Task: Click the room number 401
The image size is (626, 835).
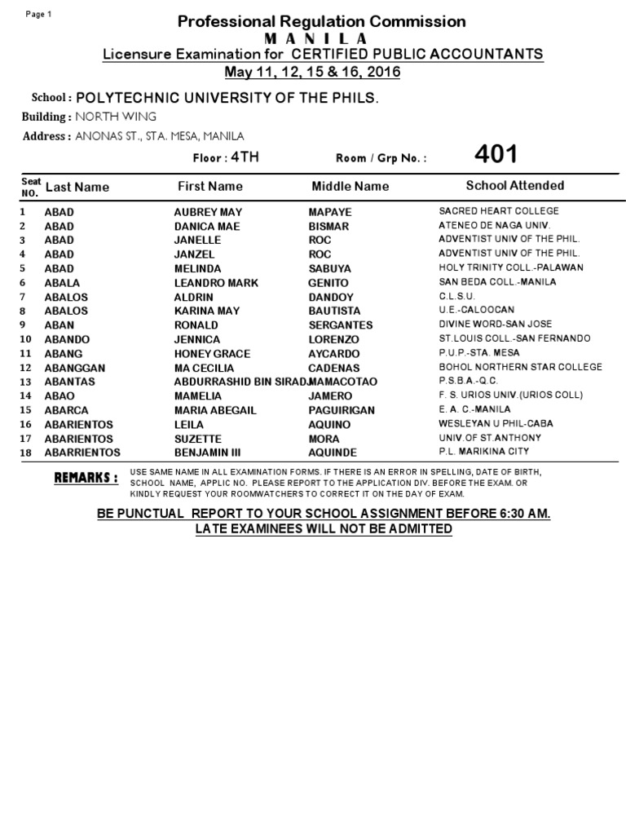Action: (495, 154)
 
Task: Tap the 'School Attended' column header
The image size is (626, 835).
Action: (514, 186)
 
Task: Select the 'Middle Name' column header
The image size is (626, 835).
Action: (350, 187)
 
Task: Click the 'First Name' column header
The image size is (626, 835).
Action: (210, 187)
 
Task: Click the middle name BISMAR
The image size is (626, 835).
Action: (328, 226)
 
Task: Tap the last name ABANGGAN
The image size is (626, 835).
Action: (74, 368)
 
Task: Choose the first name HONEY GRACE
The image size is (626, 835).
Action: (212, 354)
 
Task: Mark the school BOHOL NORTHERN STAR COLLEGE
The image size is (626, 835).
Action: (520, 367)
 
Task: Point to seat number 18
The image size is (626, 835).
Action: (24, 453)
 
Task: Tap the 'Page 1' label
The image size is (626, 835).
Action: (38, 15)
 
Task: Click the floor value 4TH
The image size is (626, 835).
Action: (245, 157)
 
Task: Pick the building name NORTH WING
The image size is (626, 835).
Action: (116, 117)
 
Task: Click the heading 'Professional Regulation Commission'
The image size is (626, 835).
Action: (322, 22)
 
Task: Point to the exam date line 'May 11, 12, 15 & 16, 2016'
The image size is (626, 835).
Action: (312, 72)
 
